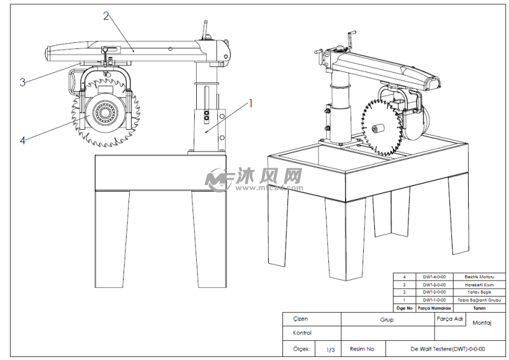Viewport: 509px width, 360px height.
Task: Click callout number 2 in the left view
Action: tap(106, 16)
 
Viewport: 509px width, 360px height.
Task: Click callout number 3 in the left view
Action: tap(22, 81)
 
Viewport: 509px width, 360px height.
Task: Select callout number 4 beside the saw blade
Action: tap(22, 140)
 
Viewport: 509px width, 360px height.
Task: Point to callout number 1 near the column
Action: tap(251, 103)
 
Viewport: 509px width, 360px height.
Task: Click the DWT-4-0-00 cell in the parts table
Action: tap(434, 277)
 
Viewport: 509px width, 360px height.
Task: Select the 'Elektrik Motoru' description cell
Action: tap(479, 277)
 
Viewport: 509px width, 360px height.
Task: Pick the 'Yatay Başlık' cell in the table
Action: tap(479, 292)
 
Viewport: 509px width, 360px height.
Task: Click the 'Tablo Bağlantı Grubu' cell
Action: tap(479, 300)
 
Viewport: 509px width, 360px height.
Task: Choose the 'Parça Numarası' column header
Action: tap(434, 308)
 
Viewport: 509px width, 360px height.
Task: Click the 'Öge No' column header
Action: tap(404, 308)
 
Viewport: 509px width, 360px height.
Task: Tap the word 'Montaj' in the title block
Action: tap(482, 323)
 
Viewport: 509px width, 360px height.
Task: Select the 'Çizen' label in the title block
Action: tap(300, 319)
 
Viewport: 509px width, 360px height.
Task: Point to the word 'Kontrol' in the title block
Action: tap(302, 333)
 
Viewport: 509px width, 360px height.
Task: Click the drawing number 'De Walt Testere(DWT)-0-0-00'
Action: tap(443, 349)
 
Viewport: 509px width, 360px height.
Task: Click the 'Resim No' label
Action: tap(363, 349)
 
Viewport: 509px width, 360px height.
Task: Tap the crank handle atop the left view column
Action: tap(205, 29)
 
